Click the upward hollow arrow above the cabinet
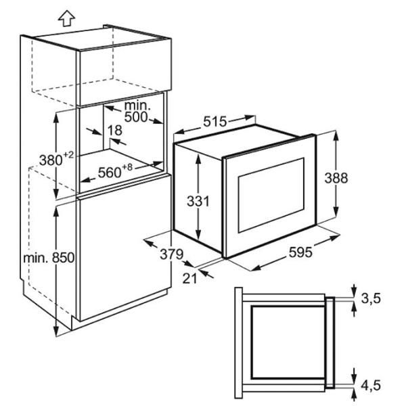click(66, 18)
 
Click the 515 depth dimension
click(215, 121)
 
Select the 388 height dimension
click(336, 178)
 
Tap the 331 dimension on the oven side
click(198, 201)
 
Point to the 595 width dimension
click(300, 252)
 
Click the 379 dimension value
click(172, 254)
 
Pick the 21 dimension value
click(189, 278)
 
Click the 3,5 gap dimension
click(371, 298)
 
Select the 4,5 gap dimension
click(371, 385)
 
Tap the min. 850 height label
click(49, 258)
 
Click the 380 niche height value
click(51, 160)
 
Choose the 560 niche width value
click(110, 173)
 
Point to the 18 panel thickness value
click(115, 130)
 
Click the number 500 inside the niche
click(136, 117)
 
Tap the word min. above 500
click(137, 106)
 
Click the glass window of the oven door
click(271, 195)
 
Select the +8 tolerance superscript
click(127, 167)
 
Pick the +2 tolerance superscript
click(68, 155)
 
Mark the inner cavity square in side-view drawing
click(289, 342)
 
